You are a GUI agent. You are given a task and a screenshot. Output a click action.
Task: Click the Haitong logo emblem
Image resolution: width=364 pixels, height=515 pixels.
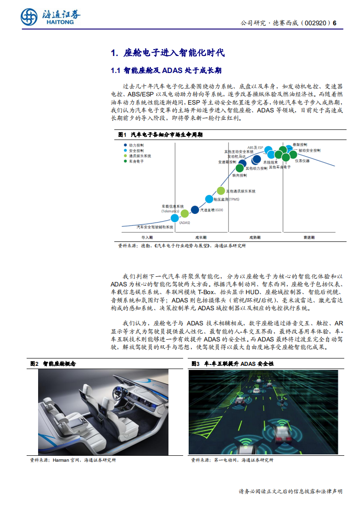pos(29,17)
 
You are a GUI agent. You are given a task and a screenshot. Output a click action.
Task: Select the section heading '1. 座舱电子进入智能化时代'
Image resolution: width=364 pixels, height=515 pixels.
pos(168,53)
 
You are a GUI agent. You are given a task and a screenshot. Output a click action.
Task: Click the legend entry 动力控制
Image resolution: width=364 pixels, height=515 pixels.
pos(136,145)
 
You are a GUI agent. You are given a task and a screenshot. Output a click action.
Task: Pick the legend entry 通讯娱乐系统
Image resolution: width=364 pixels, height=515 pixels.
pos(140,156)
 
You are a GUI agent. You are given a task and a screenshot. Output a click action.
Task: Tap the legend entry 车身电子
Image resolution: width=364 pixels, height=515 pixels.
pos(136,162)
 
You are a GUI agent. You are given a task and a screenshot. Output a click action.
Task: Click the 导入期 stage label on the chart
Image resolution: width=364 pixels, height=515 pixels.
pos(147,237)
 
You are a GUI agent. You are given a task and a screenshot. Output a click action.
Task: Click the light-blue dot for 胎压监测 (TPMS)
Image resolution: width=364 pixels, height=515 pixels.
pos(209,199)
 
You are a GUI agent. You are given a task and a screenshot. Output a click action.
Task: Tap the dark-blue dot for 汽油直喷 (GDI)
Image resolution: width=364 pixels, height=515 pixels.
pos(195,210)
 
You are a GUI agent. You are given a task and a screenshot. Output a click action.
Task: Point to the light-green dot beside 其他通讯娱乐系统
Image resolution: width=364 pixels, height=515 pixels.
pos(221,190)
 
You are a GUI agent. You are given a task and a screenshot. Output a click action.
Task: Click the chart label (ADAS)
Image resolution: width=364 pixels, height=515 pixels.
pos(185,223)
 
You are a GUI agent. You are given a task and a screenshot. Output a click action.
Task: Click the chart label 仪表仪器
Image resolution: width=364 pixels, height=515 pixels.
pos(302,161)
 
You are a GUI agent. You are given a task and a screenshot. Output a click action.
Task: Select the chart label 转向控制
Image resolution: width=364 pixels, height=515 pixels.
pos(240,175)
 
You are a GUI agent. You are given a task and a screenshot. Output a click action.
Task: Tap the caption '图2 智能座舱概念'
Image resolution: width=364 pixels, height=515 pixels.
pos(53,363)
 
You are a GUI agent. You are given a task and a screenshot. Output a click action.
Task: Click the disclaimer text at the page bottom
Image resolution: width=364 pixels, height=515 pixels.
pos(291,491)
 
